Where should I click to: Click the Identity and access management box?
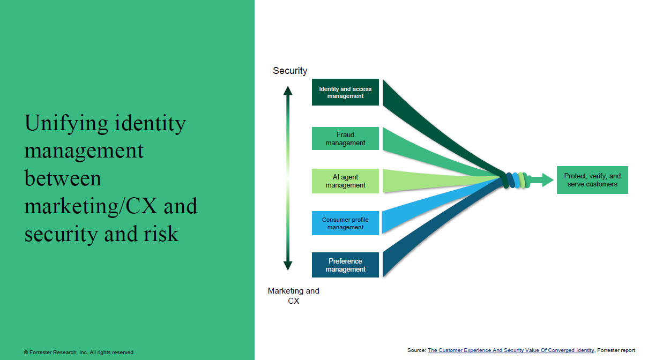(x=345, y=93)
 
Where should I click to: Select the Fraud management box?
(x=345, y=139)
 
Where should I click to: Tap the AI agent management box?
(x=345, y=181)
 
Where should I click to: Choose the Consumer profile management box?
(x=345, y=223)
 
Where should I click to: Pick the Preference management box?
(x=345, y=265)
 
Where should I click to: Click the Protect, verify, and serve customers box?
(x=592, y=180)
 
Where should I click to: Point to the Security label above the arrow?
(x=290, y=71)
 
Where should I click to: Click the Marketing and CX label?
(x=293, y=296)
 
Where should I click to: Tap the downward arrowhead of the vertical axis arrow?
(x=288, y=265)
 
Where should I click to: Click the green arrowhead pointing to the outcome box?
(x=547, y=180)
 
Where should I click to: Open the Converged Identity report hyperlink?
(x=510, y=350)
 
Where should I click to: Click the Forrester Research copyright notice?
(x=79, y=352)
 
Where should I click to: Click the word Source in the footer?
(x=416, y=350)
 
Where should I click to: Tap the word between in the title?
(x=63, y=178)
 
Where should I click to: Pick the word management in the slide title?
(x=84, y=151)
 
